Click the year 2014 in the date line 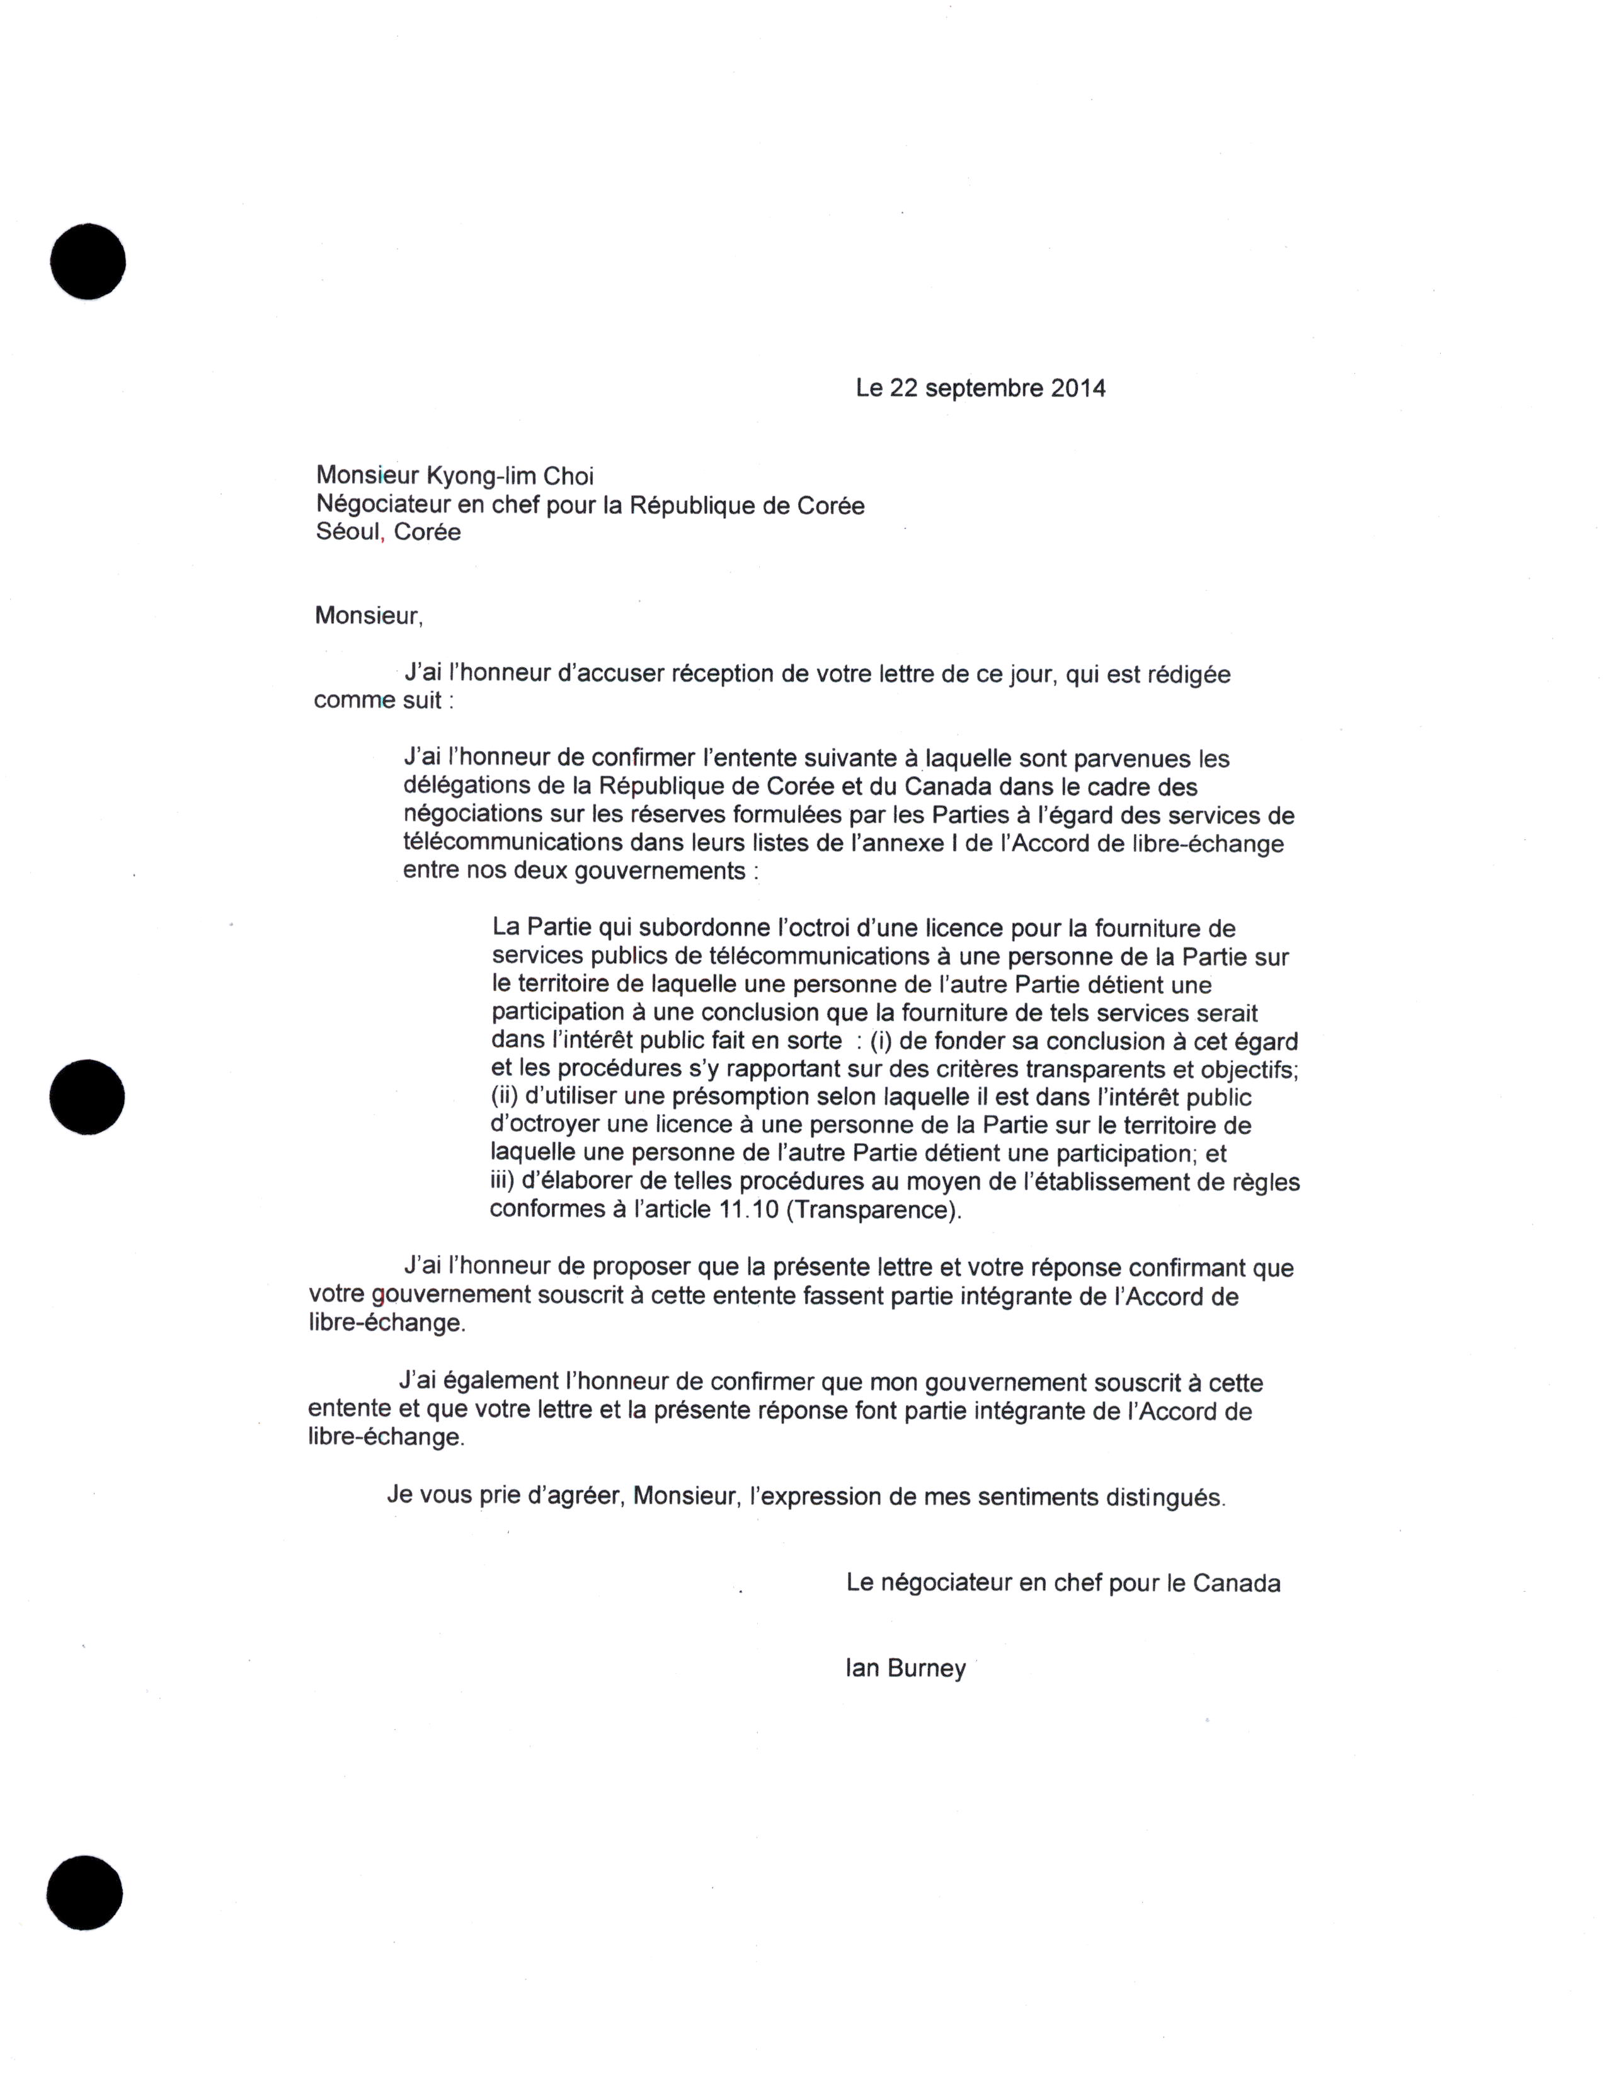point(1078,389)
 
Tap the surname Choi point(570,476)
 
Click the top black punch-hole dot point(88,261)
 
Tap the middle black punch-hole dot point(88,1097)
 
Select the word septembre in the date point(983,389)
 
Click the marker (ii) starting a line point(504,1097)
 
